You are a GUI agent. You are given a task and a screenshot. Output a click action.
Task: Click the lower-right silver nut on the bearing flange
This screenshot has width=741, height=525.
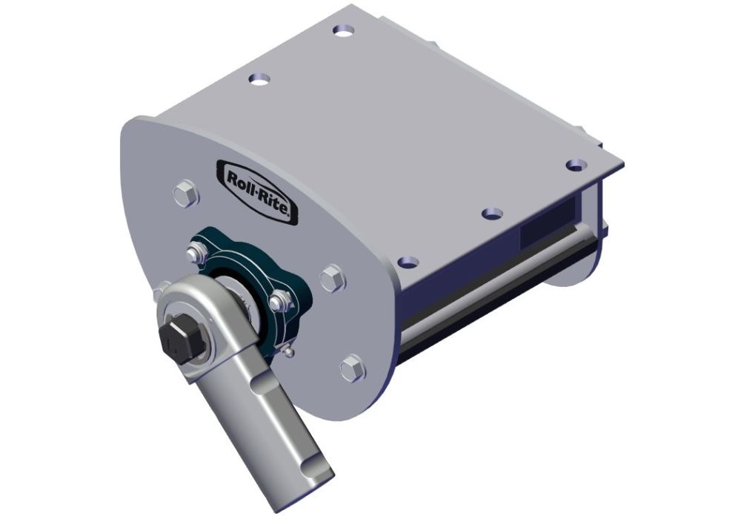coord(279,301)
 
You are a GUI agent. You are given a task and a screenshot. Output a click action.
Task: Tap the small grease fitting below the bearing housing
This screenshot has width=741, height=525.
coord(289,350)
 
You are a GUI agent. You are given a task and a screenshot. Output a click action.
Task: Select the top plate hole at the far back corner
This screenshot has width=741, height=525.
coord(343,30)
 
